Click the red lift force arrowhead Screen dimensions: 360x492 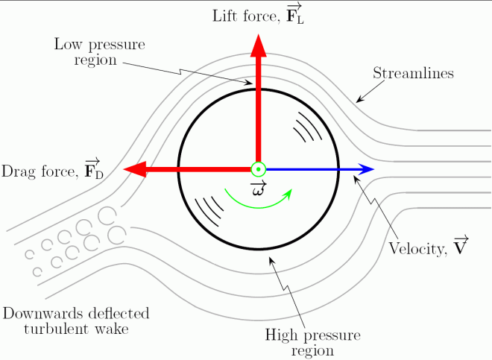coord(259,45)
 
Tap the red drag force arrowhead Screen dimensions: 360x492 coord(134,170)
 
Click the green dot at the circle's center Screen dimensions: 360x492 coord(258,170)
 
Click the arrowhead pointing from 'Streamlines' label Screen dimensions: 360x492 coord(359,100)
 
